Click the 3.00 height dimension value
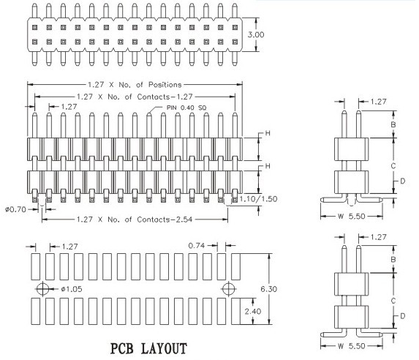(256, 34)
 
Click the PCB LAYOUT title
(148, 349)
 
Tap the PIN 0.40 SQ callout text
(186, 108)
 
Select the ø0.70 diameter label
(15, 209)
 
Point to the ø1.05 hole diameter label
(72, 289)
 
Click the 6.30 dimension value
(269, 289)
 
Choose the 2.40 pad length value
(253, 311)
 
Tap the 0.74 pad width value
(197, 245)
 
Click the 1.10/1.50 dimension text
(258, 199)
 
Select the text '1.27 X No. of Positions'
(135, 85)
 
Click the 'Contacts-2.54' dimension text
(165, 220)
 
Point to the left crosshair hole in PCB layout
(42, 289)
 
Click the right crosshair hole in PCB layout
(229, 289)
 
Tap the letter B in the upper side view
(393, 124)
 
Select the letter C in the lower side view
(393, 301)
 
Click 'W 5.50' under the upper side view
(351, 216)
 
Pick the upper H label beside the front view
(268, 133)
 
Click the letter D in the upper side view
(402, 181)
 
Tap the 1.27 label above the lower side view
(378, 237)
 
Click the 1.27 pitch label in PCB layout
(69, 247)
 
